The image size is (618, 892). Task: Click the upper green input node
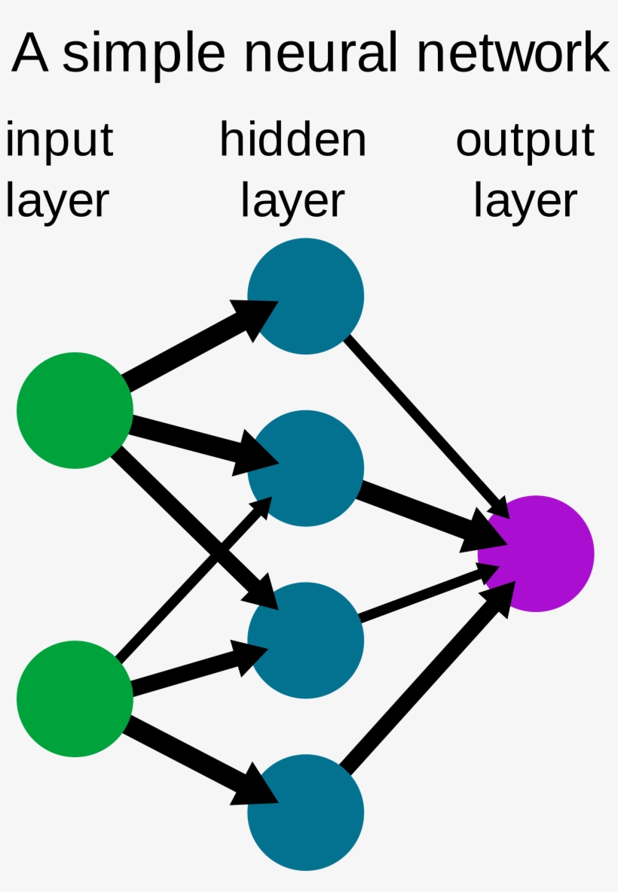(75, 410)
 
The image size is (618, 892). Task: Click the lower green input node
(75, 699)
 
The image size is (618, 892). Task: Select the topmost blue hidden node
(305, 296)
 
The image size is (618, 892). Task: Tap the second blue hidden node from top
(305, 468)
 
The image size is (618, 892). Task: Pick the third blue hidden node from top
(305, 641)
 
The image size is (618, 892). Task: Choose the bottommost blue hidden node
(305, 813)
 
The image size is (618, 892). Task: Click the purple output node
(536, 553)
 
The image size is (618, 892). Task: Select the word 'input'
(59, 141)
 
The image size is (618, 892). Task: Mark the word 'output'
(525, 141)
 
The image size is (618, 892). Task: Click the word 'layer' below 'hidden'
(292, 201)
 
